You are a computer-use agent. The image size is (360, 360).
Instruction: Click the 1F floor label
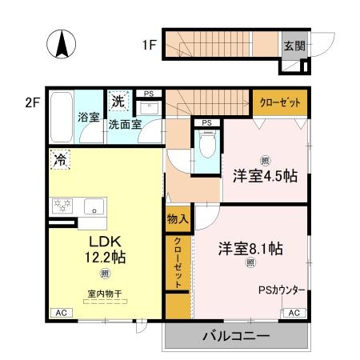click(150, 45)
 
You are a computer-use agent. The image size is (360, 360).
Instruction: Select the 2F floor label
click(33, 102)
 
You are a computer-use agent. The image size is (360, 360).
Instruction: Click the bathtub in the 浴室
click(62, 116)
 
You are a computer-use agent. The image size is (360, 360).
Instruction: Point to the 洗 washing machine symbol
click(118, 102)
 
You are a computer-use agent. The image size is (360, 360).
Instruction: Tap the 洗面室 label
click(126, 124)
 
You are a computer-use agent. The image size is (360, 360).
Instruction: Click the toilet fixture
click(206, 146)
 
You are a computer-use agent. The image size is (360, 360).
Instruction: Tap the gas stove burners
click(62, 206)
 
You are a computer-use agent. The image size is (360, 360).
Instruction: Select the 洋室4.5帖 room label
click(265, 175)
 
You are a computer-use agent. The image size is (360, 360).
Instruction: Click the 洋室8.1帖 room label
click(250, 248)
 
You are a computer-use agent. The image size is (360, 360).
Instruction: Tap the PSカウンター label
click(281, 291)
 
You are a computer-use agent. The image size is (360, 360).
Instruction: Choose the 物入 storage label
click(178, 218)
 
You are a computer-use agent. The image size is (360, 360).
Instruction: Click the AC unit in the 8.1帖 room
click(294, 313)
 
